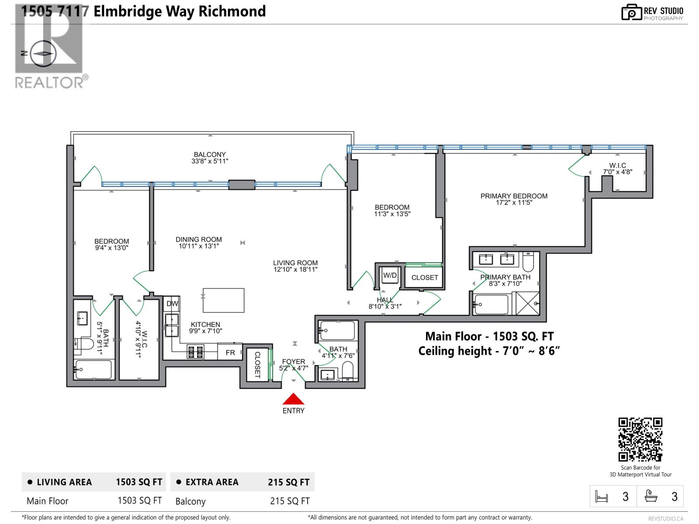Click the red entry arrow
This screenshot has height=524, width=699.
point(294,399)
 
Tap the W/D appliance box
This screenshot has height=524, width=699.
point(389,276)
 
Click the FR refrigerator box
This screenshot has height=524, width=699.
point(230,352)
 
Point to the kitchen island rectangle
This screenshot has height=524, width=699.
point(223,300)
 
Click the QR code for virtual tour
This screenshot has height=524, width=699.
point(640,439)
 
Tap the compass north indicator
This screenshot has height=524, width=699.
point(42,53)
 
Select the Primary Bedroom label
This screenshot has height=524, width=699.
point(514,196)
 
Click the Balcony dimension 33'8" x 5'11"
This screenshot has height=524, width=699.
point(210,161)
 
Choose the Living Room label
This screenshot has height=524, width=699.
point(295,263)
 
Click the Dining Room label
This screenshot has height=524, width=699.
point(199,239)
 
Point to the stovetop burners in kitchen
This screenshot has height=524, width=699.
point(196,352)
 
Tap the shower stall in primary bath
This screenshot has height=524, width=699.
point(528,303)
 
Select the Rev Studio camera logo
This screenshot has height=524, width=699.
point(631,12)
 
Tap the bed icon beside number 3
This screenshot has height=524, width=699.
point(602,496)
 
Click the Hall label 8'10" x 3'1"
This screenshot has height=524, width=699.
point(385,303)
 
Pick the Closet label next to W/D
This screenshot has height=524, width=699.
point(424,277)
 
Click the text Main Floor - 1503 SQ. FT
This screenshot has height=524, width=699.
point(489,336)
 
